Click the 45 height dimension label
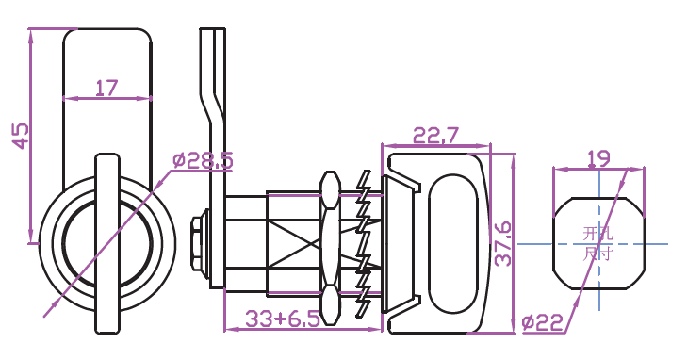(x=20, y=136)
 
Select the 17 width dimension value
(x=106, y=88)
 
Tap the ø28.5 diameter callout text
(x=203, y=160)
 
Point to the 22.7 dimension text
(x=435, y=136)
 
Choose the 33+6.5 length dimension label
(x=283, y=319)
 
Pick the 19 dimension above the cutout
(x=598, y=158)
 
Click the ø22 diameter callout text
(x=543, y=323)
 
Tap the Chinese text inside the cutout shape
(x=597, y=243)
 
